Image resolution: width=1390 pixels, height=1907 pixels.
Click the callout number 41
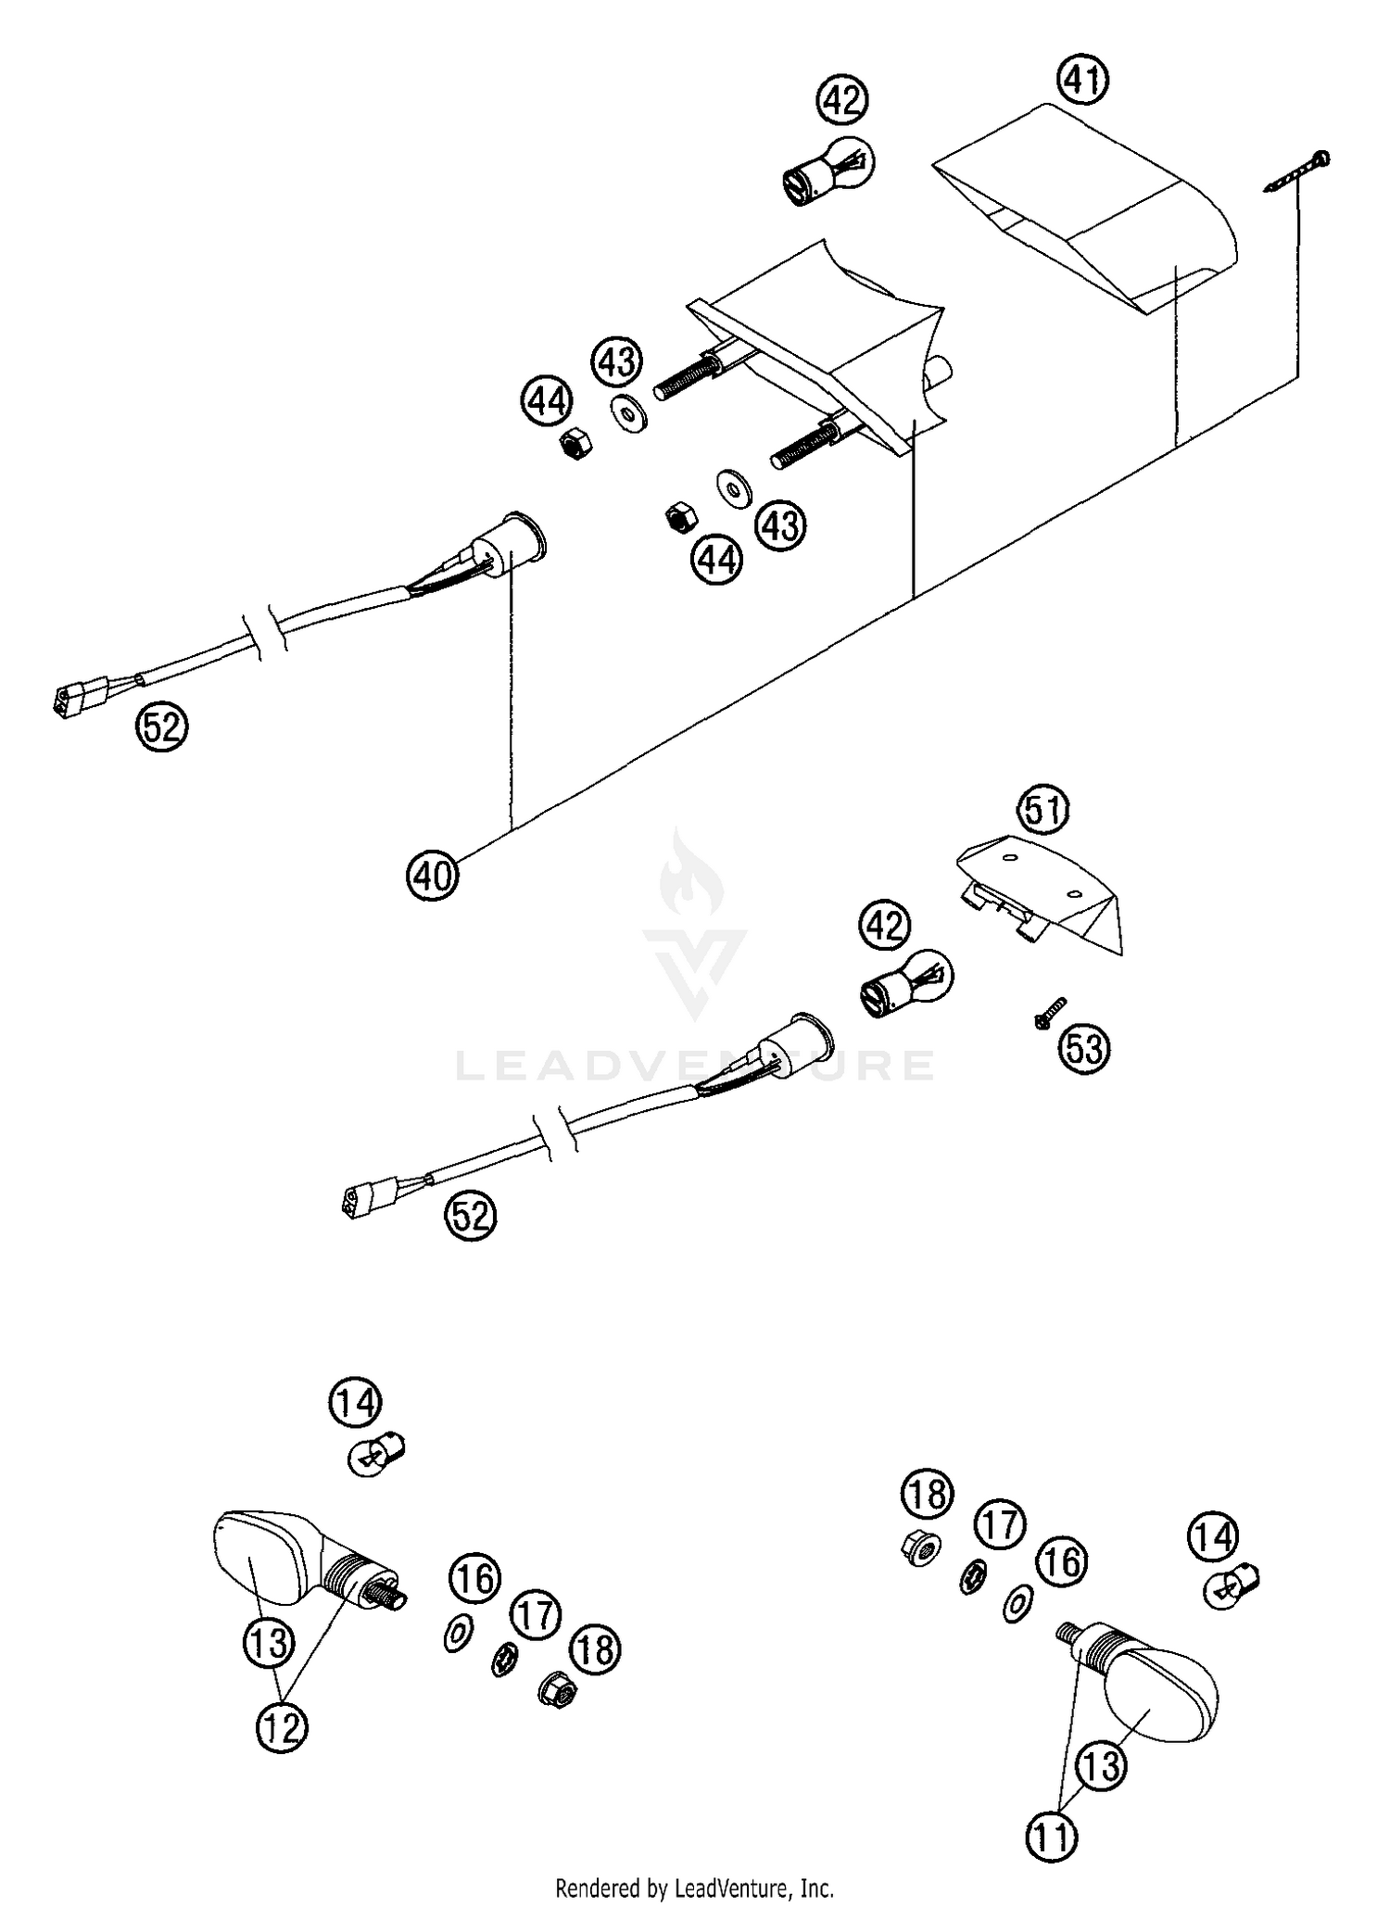(1084, 81)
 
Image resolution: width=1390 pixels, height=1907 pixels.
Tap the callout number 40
(432, 873)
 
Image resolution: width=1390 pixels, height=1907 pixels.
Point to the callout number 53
(1084, 1048)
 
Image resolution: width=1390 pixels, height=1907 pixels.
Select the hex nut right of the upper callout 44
(575, 444)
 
